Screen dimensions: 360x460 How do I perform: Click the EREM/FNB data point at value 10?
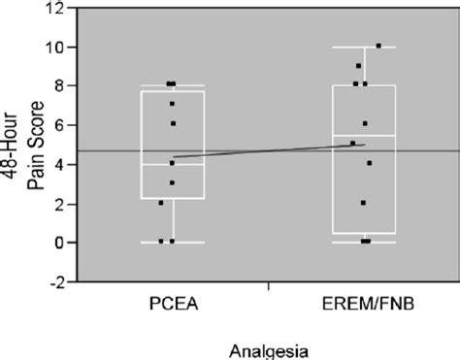click(x=378, y=46)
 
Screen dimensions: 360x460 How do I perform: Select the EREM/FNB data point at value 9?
click(x=358, y=66)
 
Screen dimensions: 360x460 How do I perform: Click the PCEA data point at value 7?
click(x=173, y=104)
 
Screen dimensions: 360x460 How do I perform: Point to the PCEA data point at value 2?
click(x=161, y=203)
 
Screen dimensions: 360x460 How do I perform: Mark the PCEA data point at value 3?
click(x=173, y=182)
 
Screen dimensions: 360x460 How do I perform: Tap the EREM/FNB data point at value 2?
click(x=364, y=203)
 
